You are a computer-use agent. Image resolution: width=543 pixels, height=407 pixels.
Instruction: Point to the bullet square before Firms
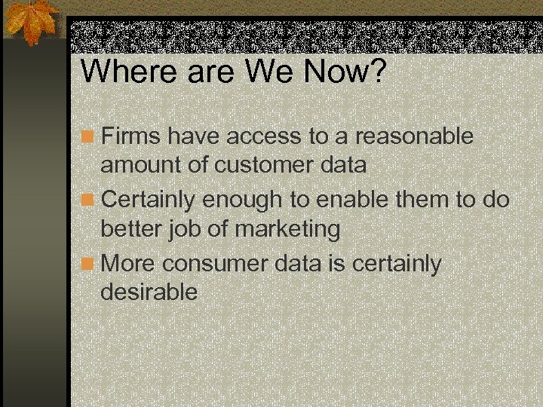coord(90,137)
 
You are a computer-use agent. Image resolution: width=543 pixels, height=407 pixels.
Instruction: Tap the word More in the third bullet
coord(129,265)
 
